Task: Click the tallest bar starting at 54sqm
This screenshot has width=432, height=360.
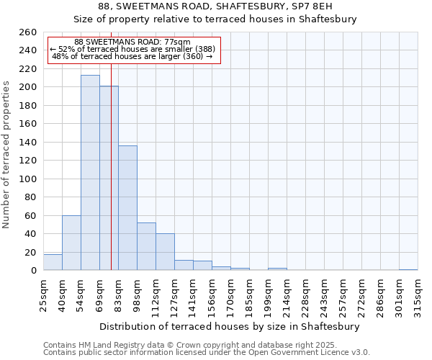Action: coord(90,173)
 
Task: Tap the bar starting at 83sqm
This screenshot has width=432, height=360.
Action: coord(127,208)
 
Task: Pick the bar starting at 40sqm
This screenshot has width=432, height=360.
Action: coord(71,243)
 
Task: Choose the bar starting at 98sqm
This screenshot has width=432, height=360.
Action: coord(146,246)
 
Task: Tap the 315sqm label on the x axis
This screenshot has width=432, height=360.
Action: coord(418,295)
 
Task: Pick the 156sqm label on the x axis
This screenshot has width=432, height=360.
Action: coord(212,295)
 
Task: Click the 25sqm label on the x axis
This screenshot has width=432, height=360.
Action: coord(43,295)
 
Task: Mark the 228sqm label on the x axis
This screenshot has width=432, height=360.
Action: coord(305,295)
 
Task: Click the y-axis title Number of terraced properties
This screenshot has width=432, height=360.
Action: coord(6,155)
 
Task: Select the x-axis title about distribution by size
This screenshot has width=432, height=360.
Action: coord(230,326)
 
